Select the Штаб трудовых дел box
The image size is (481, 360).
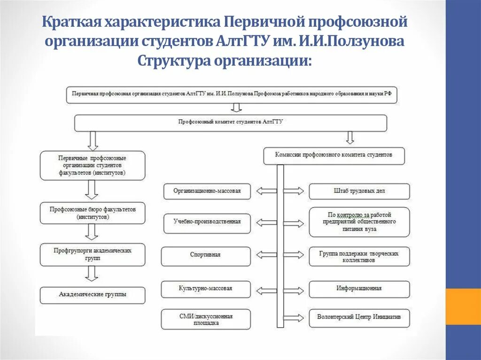pos(359,191)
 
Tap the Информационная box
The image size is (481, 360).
pos(359,289)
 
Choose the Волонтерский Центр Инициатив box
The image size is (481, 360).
pos(359,318)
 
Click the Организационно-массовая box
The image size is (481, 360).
pos(207,191)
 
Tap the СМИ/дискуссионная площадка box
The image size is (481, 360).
pos(205,319)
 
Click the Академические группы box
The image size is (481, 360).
pos(93,295)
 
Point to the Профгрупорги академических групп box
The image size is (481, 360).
pos(93,254)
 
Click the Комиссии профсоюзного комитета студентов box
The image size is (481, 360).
pos(334,155)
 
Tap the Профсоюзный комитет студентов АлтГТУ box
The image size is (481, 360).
pos(230,123)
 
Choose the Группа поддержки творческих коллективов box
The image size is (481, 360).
pos(359,256)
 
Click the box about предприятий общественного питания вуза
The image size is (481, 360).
pos(359,222)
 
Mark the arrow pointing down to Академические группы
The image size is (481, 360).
pos(93,273)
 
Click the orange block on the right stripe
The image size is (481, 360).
pos(463,306)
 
